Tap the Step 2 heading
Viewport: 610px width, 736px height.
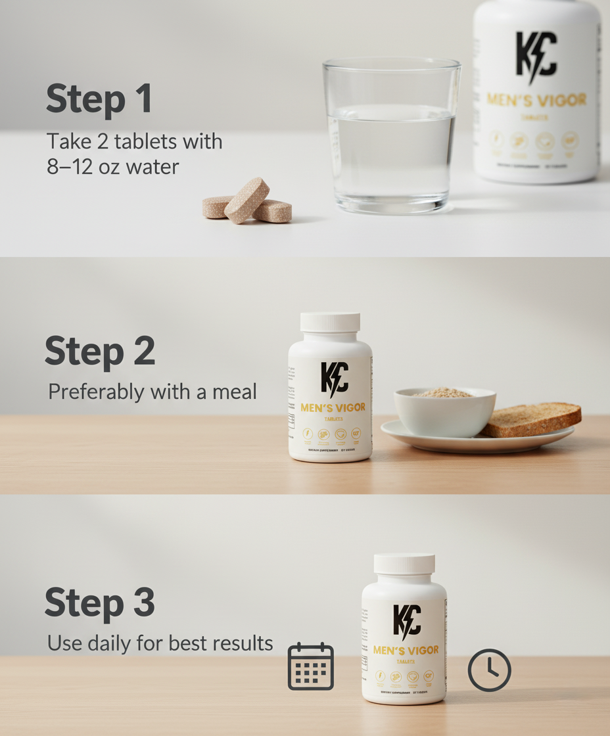(x=100, y=352)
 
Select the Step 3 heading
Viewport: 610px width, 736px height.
(x=100, y=603)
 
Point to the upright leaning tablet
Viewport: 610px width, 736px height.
(x=246, y=200)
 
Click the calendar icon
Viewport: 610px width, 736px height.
(x=311, y=666)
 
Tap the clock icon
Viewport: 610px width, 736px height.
(x=489, y=670)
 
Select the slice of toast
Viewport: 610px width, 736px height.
(x=532, y=419)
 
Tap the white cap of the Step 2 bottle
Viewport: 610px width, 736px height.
(x=330, y=322)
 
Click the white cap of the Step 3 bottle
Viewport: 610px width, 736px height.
(x=404, y=564)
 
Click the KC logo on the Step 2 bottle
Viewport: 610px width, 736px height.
(x=335, y=379)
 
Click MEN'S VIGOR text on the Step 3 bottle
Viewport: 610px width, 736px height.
(x=406, y=651)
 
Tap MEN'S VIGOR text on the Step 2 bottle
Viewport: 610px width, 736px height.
(x=333, y=408)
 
